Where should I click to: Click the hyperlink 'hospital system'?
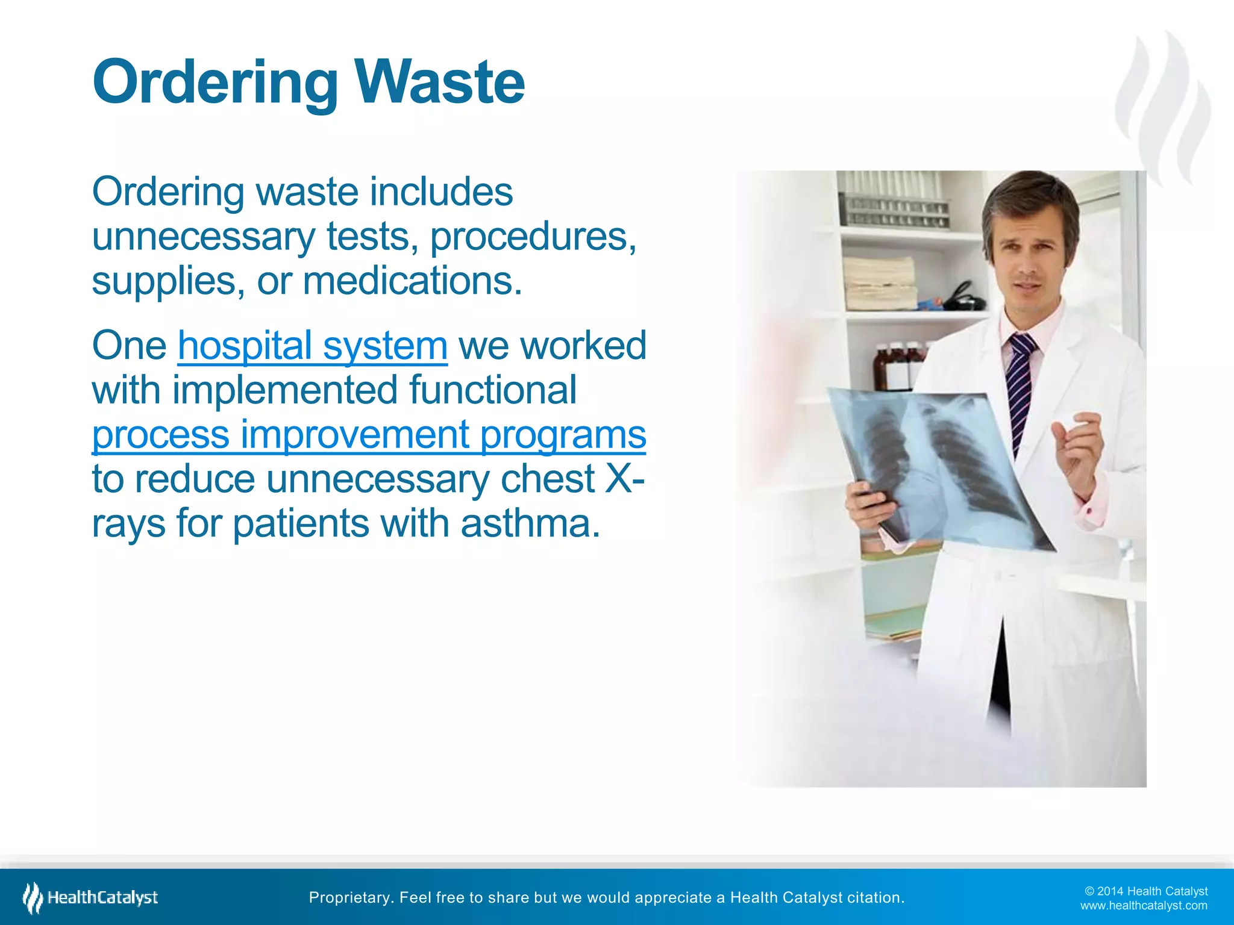point(312,346)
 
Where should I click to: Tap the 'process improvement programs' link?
point(369,434)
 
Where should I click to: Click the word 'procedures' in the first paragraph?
point(532,236)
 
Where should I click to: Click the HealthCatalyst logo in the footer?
point(90,897)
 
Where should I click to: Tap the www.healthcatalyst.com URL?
point(1144,905)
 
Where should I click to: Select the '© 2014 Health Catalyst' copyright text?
point(1146,891)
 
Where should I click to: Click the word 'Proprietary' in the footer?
point(350,897)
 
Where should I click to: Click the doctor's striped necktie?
point(1020,385)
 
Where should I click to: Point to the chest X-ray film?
point(940,470)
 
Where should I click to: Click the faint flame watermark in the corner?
point(1163,108)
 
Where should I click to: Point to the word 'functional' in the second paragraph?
point(492,390)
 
